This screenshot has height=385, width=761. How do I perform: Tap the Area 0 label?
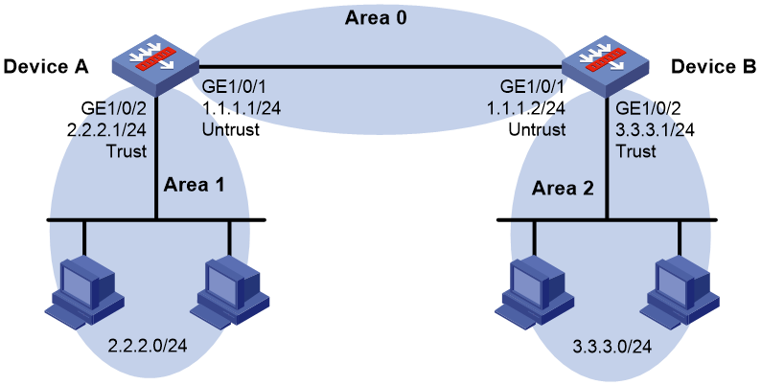376,18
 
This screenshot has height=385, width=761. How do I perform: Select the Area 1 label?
195,184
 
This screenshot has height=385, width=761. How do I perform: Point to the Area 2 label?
563,188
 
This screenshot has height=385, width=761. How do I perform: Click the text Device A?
46,66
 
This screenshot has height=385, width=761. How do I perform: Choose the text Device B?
713,66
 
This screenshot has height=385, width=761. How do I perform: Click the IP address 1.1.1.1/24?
241,108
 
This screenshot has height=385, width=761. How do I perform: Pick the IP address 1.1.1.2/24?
526,108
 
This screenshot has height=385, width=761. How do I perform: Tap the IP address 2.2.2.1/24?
106,129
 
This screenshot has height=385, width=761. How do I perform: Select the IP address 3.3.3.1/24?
656,129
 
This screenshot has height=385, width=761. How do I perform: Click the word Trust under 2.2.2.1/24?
127,151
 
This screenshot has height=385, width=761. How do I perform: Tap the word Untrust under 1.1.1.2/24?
537,130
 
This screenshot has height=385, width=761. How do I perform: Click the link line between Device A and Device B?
380,66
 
